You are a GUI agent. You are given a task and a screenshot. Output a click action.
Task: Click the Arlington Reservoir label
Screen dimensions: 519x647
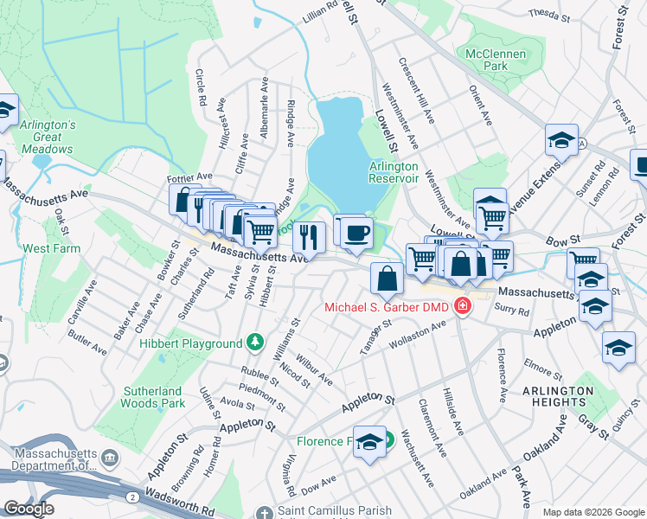(394, 172)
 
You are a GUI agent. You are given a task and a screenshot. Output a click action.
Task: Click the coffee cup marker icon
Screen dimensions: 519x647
(356, 232)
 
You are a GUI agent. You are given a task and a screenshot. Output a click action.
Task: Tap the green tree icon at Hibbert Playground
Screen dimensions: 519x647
(255, 343)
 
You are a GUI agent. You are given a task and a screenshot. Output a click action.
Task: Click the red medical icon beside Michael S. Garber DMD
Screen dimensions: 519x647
(463, 307)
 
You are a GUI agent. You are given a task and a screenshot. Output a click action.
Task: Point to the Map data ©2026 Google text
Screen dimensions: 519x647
(593, 512)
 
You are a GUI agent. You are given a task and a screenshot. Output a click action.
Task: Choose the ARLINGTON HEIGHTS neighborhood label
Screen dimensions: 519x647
(558, 397)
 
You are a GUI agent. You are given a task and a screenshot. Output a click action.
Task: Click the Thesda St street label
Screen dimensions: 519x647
(549, 15)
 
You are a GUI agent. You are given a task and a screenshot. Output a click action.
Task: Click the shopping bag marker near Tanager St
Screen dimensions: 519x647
(387, 278)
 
